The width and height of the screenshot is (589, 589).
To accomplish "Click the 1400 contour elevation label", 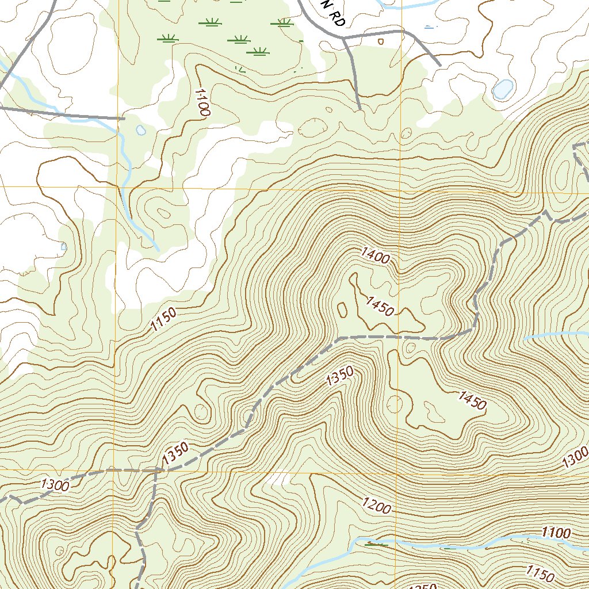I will pos(376,255).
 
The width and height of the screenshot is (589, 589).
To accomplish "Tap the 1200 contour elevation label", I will pos(377,506).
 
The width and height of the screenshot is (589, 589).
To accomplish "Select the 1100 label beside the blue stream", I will pos(556,533).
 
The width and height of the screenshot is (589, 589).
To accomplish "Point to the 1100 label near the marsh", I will pos(201,102).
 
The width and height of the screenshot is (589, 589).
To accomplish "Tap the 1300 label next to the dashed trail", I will pos(55,485).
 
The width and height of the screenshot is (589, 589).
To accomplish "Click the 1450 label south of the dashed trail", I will pos(472,400).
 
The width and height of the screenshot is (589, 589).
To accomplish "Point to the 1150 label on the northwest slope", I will pos(163,320).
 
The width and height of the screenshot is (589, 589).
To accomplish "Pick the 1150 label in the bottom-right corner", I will pos(540,573).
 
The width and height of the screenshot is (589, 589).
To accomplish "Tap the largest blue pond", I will pos(503,89).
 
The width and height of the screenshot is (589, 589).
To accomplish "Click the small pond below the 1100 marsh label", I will pos(141,131).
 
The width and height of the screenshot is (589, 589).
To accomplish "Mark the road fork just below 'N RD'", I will pos(345,39).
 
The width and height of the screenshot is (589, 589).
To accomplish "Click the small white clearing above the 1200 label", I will pos(278,479).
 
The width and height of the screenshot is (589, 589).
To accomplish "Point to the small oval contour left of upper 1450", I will pos(343,309).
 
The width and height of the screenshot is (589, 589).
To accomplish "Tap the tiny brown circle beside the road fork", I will pos(380,41).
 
